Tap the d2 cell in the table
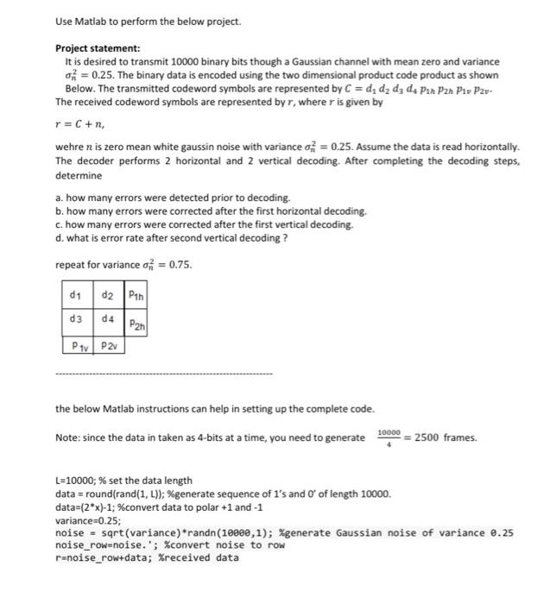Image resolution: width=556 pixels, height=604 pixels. pos(107,295)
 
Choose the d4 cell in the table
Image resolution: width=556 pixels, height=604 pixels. pos(107,320)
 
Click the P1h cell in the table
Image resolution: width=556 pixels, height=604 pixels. pos(136,295)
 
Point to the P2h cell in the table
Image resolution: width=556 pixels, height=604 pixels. pos(136,324)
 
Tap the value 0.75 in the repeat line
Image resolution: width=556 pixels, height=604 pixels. pos(178,265)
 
